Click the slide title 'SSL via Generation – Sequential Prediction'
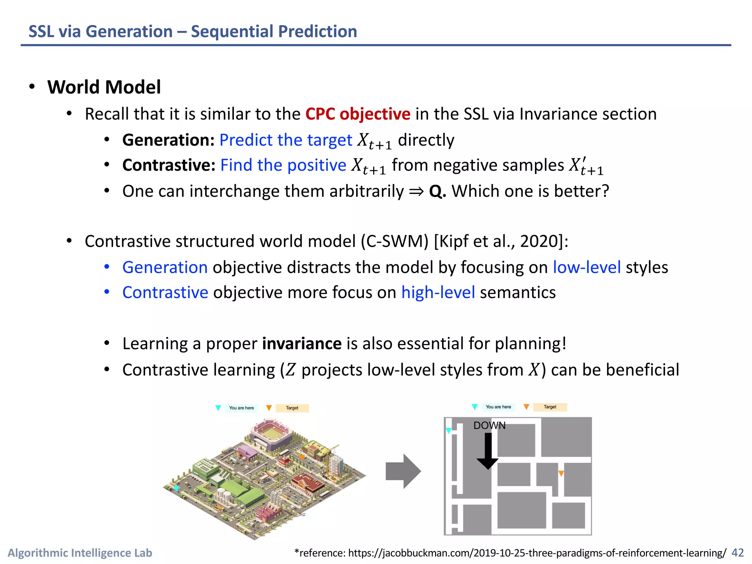[x=192, y=32]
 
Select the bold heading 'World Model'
[x=104, y=87]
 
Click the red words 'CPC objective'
[x=358, y=114]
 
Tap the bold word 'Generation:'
[x=168, y=140]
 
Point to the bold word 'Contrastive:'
[x=169, y=165]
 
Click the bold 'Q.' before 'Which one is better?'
[x=437, y=191]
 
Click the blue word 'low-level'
[x=586, y=267]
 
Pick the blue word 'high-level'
[x=438, y=293]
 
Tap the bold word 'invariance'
[x=301, y=344]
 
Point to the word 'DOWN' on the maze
[x=489, y=426]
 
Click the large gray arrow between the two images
[x=403, y=471]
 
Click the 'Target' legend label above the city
[x=292, y=408]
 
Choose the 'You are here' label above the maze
[x=498, y=407]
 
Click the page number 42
[x=737, y=553]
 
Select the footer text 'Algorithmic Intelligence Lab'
[x=80, y=553]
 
